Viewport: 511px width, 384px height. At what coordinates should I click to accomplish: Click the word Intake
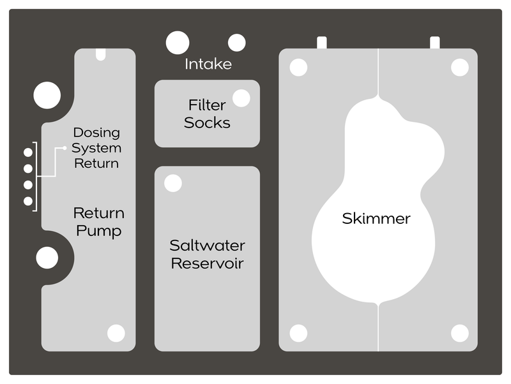point(208,64)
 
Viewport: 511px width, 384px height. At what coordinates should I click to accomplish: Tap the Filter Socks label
point(207,114)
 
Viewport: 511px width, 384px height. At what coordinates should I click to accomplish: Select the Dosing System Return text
point(96,148)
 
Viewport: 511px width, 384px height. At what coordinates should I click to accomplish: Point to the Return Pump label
point(98,221)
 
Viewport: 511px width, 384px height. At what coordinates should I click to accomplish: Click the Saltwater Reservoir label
point(207,254)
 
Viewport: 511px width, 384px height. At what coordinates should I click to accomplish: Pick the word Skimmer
point(376,219)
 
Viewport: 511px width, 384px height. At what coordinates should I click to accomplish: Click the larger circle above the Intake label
point(178,42)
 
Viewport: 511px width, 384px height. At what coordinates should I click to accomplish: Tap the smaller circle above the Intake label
point(237,43)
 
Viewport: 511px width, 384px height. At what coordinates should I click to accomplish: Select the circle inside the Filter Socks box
point(241,98)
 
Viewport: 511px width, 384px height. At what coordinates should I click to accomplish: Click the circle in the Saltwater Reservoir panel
point(172,183)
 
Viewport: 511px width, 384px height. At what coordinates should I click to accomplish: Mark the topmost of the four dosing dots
point(28,152)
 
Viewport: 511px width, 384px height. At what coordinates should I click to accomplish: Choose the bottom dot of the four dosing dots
point(28,201)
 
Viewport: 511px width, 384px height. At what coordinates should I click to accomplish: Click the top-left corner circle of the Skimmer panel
point(298,67)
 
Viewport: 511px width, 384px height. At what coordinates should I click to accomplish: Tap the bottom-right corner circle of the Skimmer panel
point(459,333)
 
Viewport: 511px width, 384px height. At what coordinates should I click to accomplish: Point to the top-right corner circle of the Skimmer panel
point(459,67)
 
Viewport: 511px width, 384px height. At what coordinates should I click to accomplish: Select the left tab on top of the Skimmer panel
point(322,42)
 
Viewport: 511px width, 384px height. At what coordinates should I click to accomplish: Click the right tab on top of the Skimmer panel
point(435,42)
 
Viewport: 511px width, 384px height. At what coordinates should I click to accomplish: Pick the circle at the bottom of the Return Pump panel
point(116,333)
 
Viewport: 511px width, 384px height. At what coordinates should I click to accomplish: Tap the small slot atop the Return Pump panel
point(100,55)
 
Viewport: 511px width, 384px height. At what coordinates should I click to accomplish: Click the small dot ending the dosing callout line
point(65,148)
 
